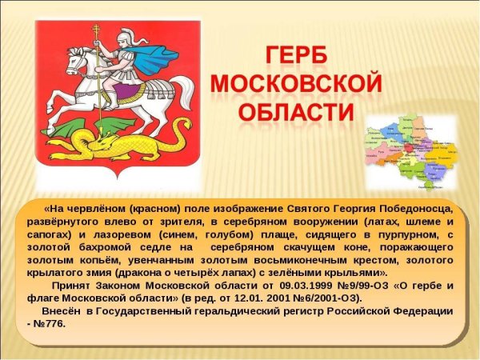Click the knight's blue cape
point(152,54)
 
